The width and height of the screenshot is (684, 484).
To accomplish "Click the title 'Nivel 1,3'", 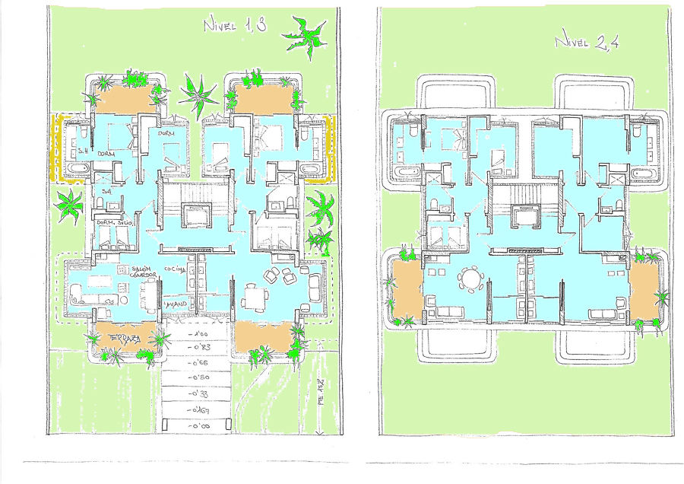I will tap(234, 25).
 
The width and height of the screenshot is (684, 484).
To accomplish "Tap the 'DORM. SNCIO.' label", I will tap(116, 222).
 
